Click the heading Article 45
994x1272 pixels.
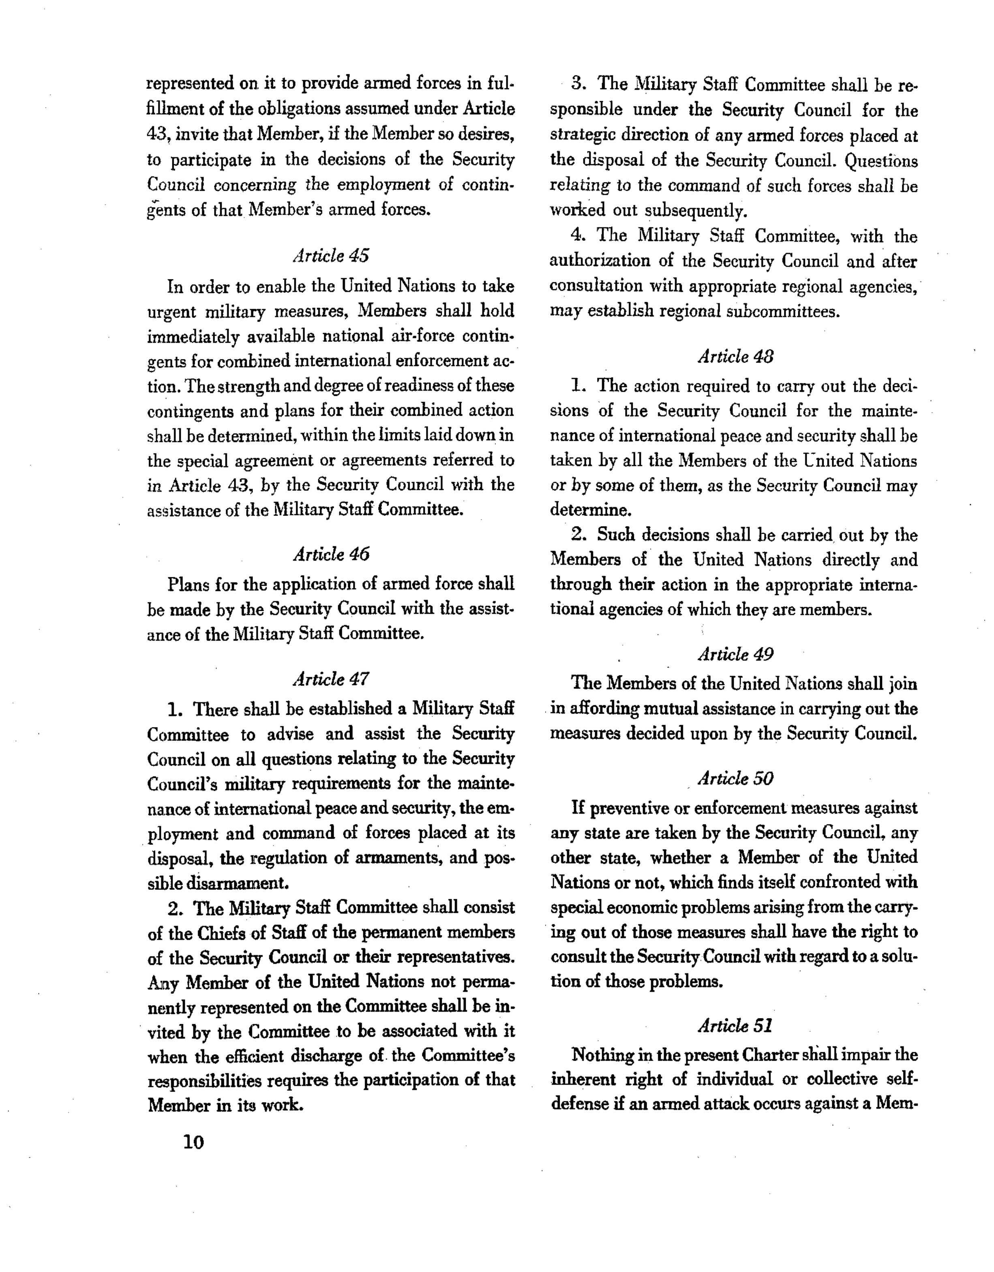(330, 256)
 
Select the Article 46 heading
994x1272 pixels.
(330, 554)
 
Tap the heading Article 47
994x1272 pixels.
(330, 679)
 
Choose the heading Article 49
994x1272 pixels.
(735, 654)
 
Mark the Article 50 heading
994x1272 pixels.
(735, 779)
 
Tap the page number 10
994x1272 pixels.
(193, 1142)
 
